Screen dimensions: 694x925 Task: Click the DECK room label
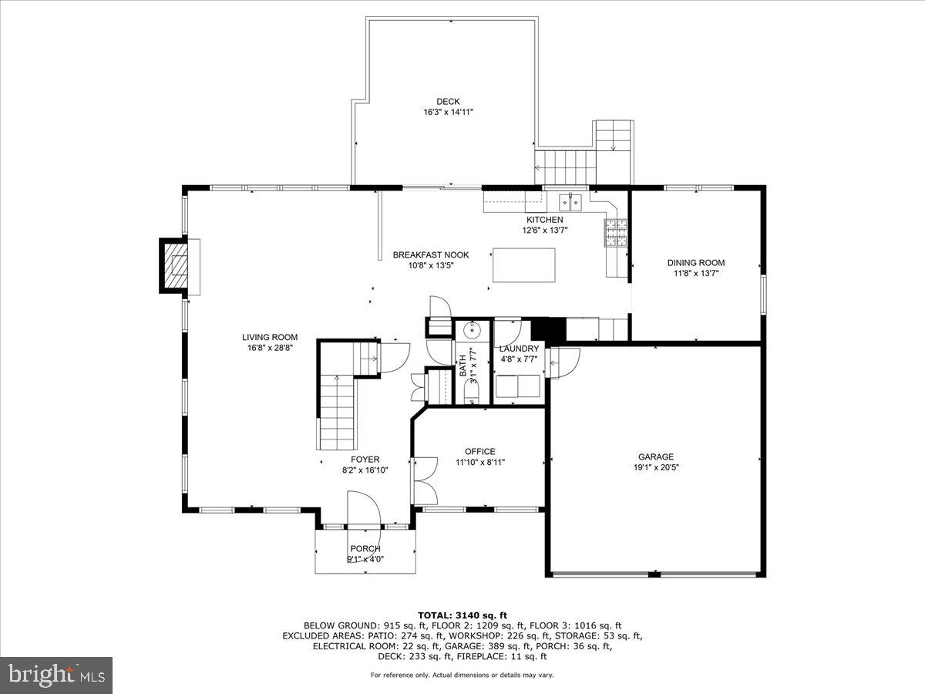448,101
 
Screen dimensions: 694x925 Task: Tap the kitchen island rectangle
523,265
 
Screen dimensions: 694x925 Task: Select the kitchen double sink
570,202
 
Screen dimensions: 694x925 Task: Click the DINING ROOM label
695,263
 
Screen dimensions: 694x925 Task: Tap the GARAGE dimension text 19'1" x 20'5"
655,467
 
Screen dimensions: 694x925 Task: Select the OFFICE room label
479,452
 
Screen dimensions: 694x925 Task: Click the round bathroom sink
470,331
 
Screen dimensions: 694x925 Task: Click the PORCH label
365,548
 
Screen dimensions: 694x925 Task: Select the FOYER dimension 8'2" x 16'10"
365,470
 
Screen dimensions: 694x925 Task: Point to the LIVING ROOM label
270,337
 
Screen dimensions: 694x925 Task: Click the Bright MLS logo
56,675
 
